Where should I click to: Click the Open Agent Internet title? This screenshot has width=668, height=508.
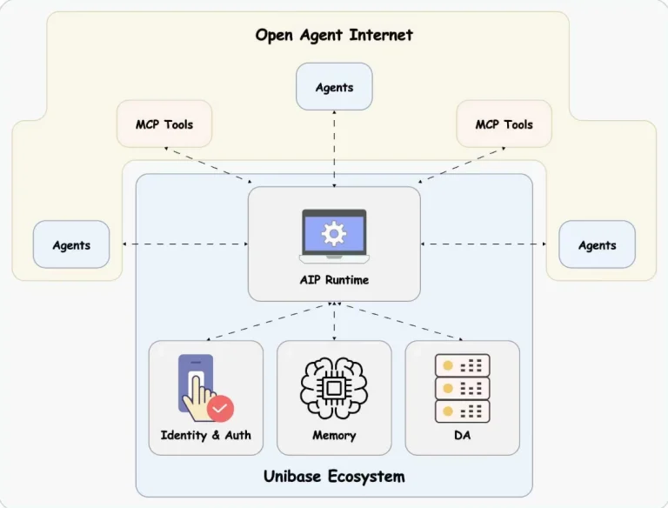(334, 36)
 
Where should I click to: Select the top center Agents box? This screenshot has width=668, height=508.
(334, 87)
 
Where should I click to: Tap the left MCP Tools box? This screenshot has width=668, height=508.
(164, 124)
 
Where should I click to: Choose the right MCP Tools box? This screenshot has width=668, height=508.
(504, 124)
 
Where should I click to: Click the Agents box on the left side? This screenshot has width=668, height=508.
(71, 245)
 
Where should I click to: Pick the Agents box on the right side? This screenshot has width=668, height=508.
(597, 245)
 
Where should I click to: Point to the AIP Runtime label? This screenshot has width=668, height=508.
(334, 280)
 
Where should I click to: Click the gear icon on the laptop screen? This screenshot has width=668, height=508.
(334, 233)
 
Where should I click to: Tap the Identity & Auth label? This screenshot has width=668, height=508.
(206, 435)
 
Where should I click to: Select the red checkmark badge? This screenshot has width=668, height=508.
(221, 407)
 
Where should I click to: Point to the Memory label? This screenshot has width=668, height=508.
(334, 435)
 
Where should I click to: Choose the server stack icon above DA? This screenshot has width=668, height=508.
(462, 388)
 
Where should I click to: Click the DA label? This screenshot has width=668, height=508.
(462, 435)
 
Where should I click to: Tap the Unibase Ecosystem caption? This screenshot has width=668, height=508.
(334, 477)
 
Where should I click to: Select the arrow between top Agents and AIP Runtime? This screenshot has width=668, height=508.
(334, 148)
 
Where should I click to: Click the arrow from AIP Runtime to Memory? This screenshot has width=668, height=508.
(334, 320)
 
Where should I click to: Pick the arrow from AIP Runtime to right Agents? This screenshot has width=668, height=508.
(484, 244)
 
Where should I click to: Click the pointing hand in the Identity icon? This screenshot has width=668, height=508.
(201, 396)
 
